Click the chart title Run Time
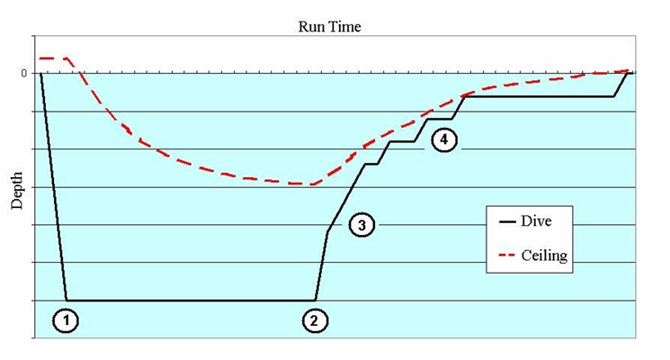pos(329,26)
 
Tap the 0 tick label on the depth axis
pos(24,73)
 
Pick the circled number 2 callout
pos(313,319)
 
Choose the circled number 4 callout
pos(443,139)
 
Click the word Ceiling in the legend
pos(544,256)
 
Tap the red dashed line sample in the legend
pos(501,256)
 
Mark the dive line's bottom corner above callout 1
pos(66,300)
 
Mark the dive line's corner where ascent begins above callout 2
pos(315,300)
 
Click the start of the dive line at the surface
pos(41,73)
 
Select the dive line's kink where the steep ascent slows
pos(326,231)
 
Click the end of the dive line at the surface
pos(628,72)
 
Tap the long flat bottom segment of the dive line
pos(189,300)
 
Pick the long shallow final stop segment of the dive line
pos(540,95)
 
